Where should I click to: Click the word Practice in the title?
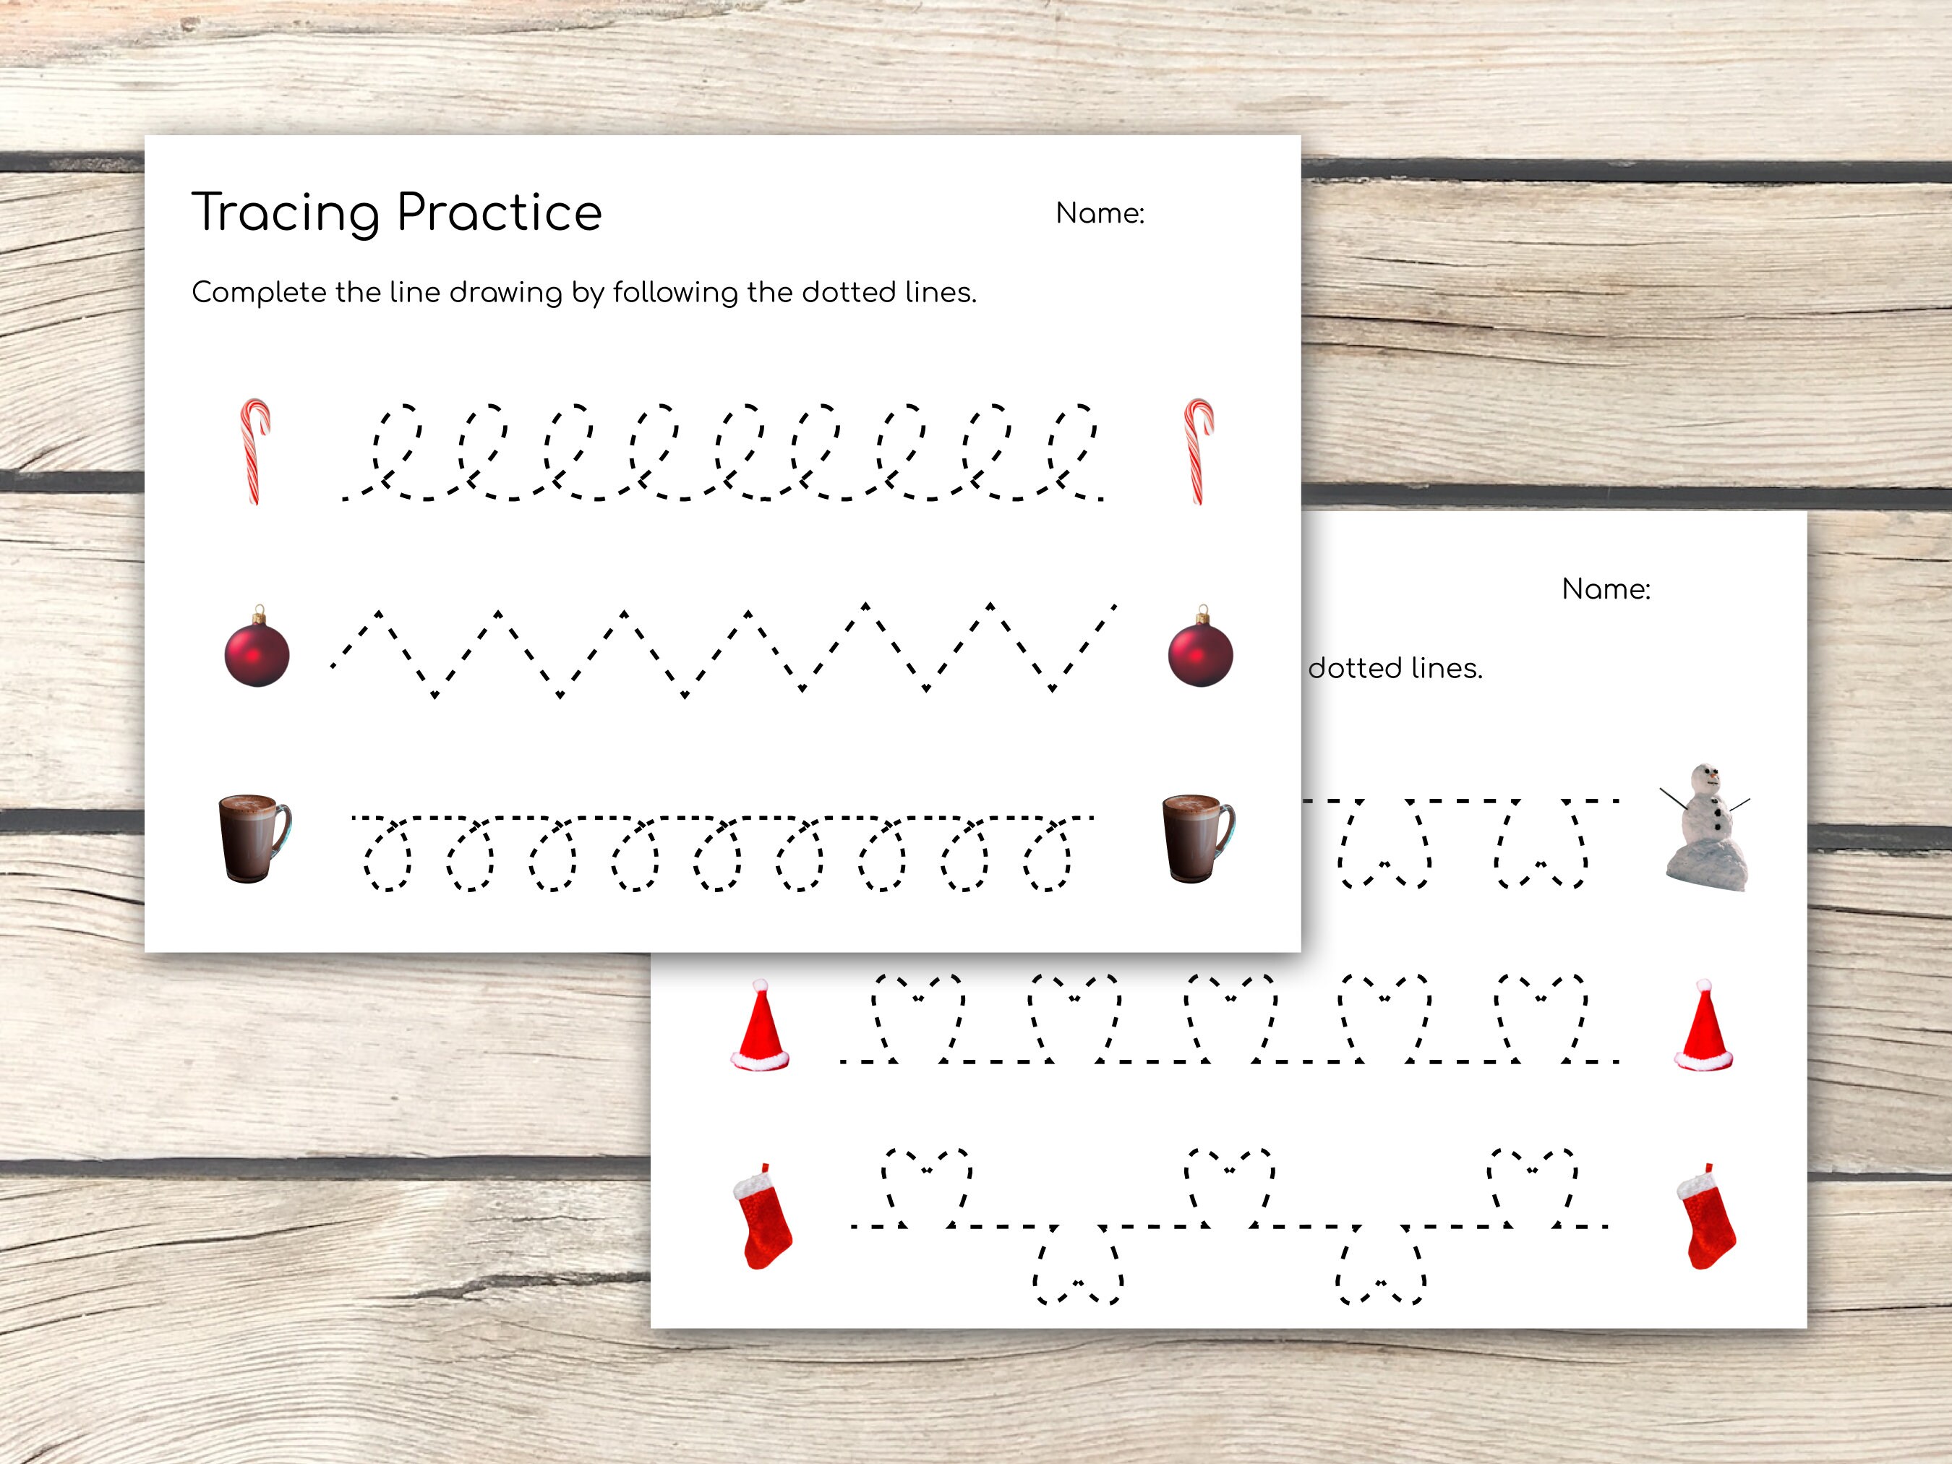[x=500, y=213]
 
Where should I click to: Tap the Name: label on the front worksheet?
[x=1100, y=213]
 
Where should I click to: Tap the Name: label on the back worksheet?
[x=1605, y=589]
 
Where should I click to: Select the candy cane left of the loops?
[x=255, y=451]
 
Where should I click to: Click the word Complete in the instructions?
[x=259, y=292]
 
